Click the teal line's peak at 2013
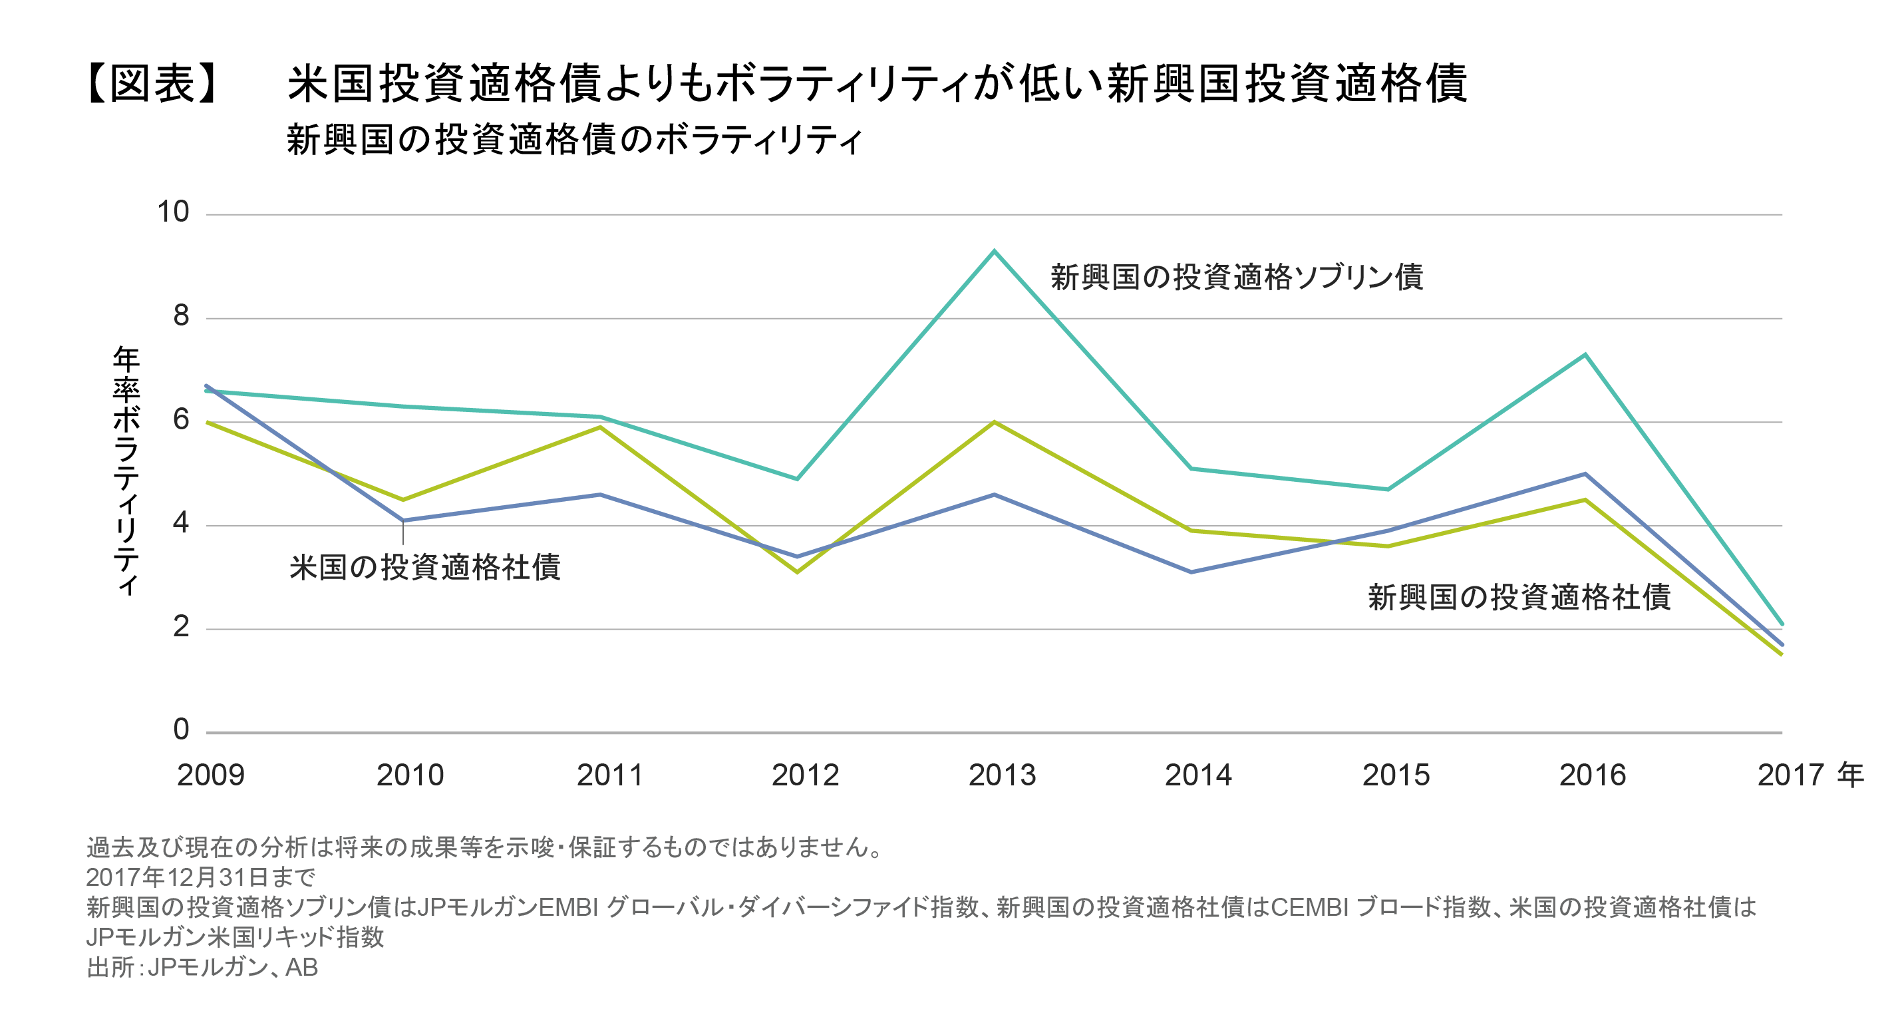coord(995,251)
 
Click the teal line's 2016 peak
coord(1585,355)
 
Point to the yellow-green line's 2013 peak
coord(995,422)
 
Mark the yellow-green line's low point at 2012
coord(797,572)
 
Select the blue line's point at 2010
coord(403,520)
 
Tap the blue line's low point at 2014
coord(1191,572)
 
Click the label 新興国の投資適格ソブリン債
coord(1237,278)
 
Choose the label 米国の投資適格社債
coord(424,568)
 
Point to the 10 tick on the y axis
coord(173,213)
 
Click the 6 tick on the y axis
coord(181,421)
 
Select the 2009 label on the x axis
coord(210,775)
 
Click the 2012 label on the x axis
coord(805,775)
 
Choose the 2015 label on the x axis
coord(1396,775)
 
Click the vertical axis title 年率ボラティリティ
coord(126,471)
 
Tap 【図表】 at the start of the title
coord(152,83)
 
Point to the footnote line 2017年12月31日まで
coord(200,877)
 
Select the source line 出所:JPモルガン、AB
coord(202,967)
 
